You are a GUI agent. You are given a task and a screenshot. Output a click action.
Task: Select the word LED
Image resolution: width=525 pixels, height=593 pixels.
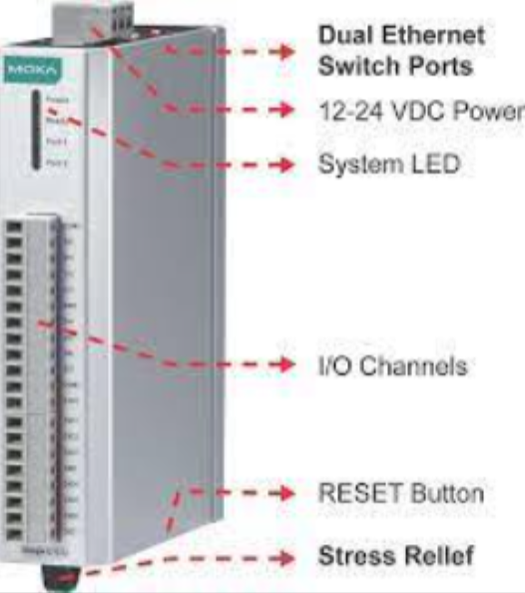(430, 164)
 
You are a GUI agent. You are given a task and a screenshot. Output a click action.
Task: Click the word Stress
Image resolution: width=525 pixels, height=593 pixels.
(353, 555)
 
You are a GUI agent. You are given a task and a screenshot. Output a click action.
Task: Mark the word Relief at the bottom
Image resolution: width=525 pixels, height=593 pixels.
(438, 555)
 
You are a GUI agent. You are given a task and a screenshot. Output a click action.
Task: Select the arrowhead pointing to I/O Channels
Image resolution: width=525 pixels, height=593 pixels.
(288, 365)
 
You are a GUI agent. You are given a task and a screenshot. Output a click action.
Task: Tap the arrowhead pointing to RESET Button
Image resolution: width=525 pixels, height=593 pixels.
(288, 492)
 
